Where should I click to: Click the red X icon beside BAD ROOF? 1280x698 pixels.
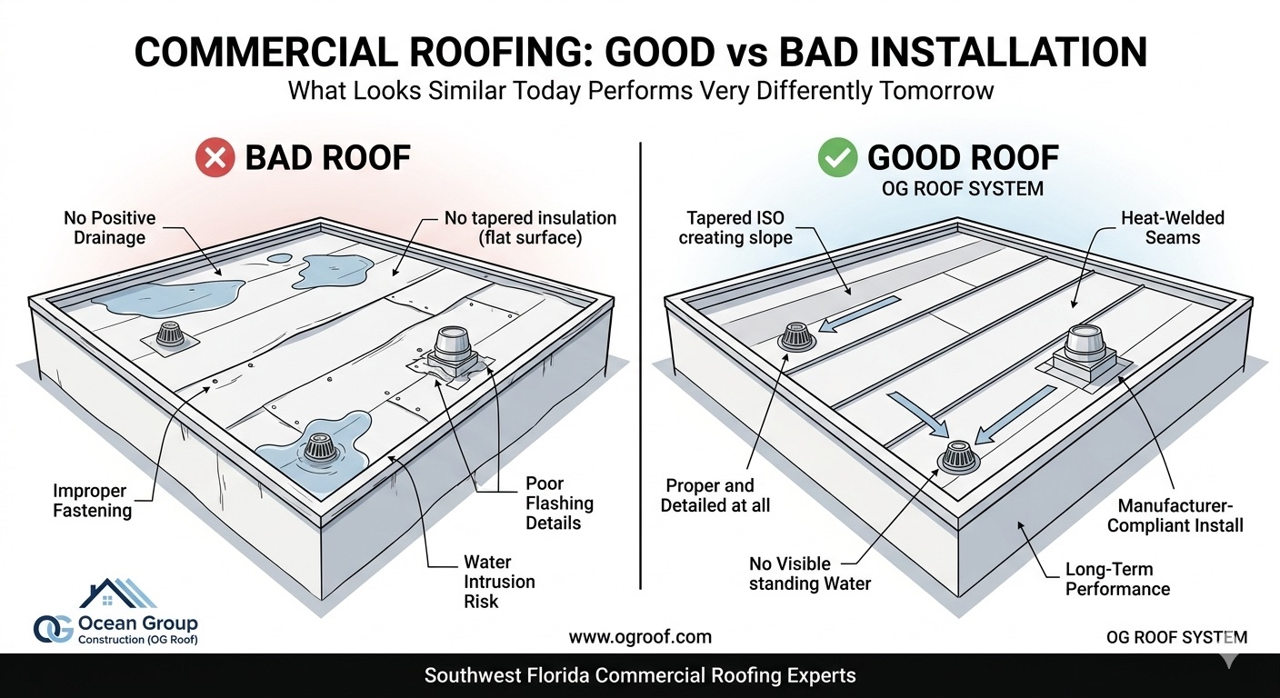215,159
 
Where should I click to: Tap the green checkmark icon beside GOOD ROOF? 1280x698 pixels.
838,159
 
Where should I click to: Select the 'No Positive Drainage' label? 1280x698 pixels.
109,228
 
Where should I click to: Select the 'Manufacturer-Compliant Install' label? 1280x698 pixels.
1180,515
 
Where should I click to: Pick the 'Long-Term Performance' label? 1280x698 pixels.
1116,579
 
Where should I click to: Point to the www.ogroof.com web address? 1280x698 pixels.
640,637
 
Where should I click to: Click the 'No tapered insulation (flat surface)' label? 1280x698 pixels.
530,228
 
